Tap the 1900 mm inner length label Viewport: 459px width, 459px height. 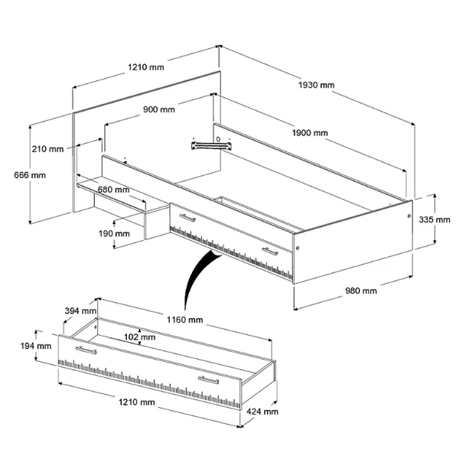pyautogui.click(x=310, y=133)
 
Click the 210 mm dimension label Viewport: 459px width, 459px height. pyautogui.click(x=47, y=148)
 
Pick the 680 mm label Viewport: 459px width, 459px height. pyautogui.click(x=112, y=189)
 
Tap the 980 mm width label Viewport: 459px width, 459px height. pyautogui.click(x=360, y=291)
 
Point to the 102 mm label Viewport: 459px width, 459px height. pyautogui.click(x=140, y=337)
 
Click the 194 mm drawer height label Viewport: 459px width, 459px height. pyautogui.click(x=36, y=346)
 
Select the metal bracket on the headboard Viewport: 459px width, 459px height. pyautogui.click(x=210, y=143)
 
